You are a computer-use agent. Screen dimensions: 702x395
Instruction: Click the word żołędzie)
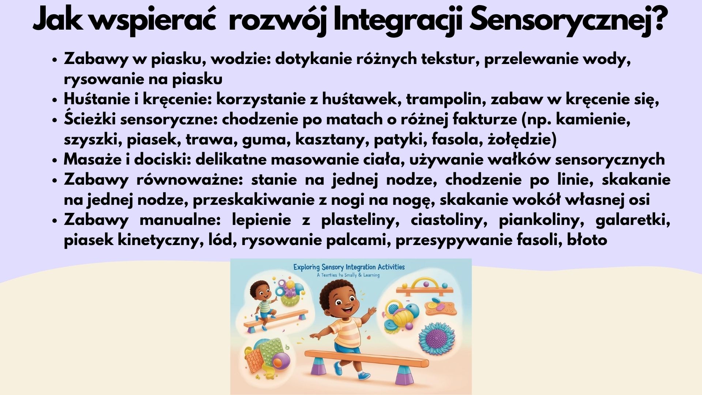click(522, 140)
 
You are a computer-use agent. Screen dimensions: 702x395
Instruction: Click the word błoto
click(587, 240)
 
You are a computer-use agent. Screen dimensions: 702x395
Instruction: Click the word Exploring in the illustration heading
click(307, 267)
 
